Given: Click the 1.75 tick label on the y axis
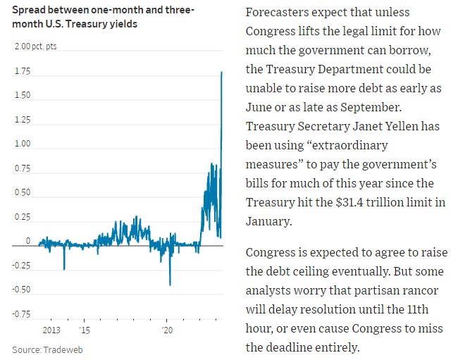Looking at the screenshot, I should (x=22, y=70).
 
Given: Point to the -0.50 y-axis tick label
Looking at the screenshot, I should (x=20, y=290).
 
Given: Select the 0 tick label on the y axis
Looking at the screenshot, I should (x=28, y=241).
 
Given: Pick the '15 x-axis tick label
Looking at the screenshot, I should (x=84, y=329).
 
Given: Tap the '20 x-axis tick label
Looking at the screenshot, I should (x=168, y=329).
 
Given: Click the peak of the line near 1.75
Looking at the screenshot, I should (x=222, y=72).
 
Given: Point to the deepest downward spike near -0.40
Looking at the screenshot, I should (x=170, y=285).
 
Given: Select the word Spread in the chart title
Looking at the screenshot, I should (x=29, y=11).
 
